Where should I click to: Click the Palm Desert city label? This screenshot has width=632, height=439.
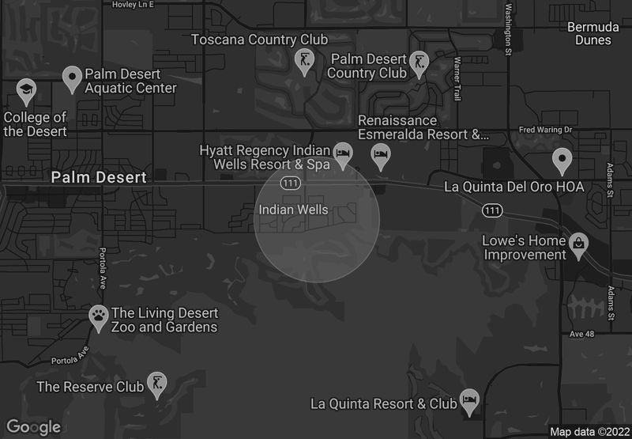pos(99,177)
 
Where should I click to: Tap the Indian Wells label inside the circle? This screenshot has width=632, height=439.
pos(293,210)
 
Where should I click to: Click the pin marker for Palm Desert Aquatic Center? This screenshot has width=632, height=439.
pos(73,77)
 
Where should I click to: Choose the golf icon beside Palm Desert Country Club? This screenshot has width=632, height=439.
pos(419,61)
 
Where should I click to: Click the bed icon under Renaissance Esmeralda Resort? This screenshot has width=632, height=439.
pos(381,155)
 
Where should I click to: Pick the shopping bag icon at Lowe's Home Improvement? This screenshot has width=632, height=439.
pos(579,244)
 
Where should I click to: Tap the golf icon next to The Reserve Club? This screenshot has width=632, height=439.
pos(158,382)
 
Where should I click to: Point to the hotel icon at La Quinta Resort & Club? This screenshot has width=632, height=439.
pos(470,399)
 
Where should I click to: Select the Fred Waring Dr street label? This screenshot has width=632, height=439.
pos(545,129)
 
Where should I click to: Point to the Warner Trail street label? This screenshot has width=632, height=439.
pos(457,79)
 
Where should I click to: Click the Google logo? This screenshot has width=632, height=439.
pos(35,427)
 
